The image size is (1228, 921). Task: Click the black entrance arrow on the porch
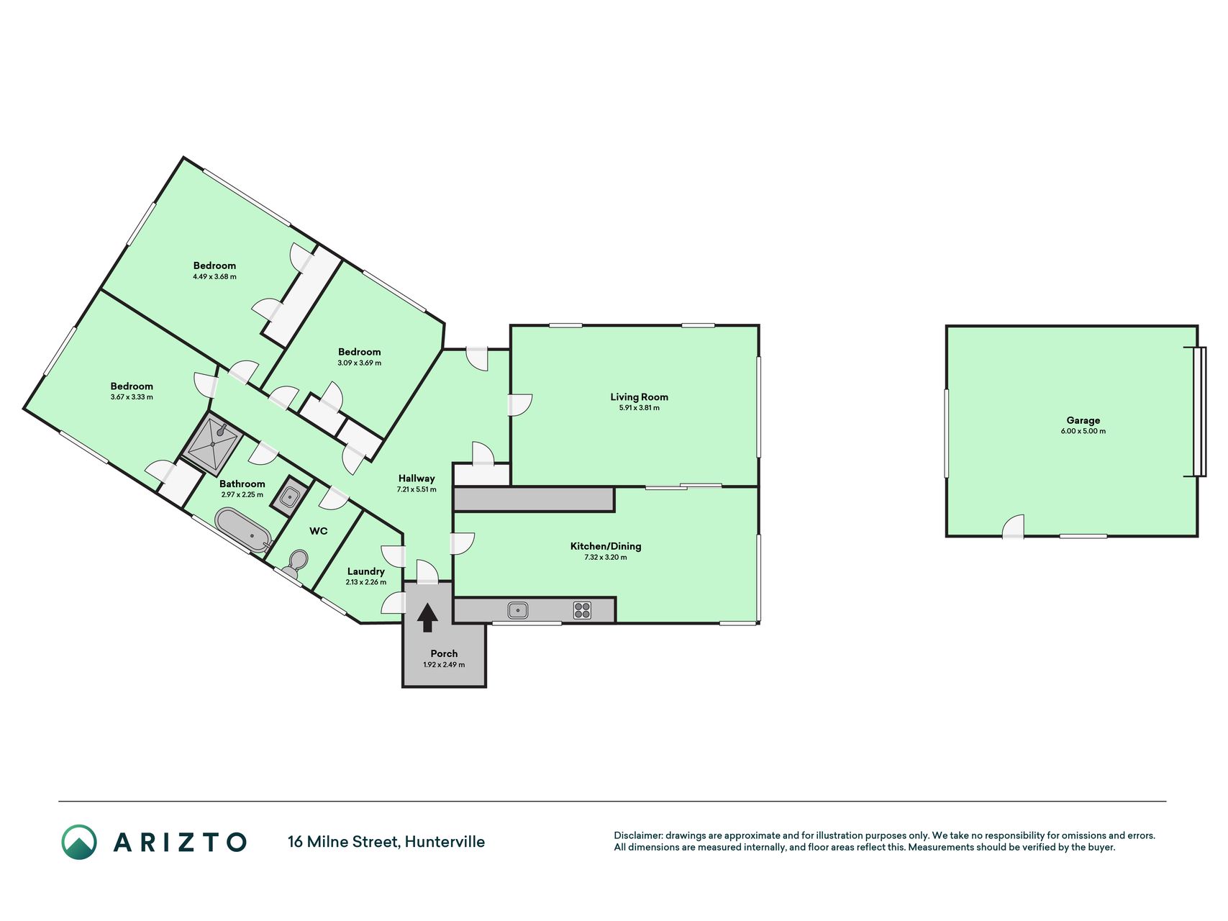pyautogui.click(x=427, y=617)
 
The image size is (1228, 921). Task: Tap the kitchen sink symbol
pyautogui.click(x=518, y=610)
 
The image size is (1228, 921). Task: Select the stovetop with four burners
pyautogui.click(x=582, y=610)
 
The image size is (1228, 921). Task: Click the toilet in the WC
pyautogui.click(x=296, y=563)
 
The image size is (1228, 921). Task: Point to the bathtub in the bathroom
pyautogui.click(x=243, y=530)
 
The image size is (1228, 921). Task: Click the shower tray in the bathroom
pyautogui.click(x=213, y=443)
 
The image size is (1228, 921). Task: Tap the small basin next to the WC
pyautogui.click(x=290, y=496)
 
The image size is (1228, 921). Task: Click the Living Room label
pyautogui.click(x=639, y=396)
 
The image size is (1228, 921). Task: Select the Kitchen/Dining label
pyautogui.click(x=606, y=546)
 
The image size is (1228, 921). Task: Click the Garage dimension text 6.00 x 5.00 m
pyautogui.click(x=1083, y=431)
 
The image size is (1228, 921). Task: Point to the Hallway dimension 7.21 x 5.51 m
pyautogui.click(x=417, y=489)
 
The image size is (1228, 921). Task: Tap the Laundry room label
pyautogui.click(x=365, y=571)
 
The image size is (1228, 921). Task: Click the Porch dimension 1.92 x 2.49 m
pyautogui.click(x=444, y=665)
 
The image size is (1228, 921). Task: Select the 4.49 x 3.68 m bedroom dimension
pyautogui.click(x=214, y=276)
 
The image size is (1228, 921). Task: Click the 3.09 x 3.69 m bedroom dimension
pyautogui.click(x=359, y=363)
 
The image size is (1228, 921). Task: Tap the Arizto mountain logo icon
pyautogui.click(x=79, y=842)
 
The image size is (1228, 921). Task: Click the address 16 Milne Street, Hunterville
pyautogui.click(x=386, y=842)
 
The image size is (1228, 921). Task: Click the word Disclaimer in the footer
pyautogui.click(x=637, y=835)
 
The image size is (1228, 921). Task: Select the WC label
pyautogui.click(x=318, y=531)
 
